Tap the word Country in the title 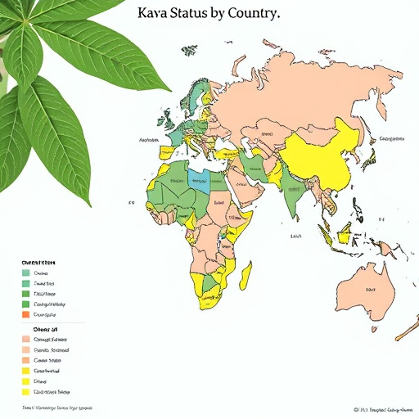250,14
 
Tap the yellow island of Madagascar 245,274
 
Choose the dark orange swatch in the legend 25,314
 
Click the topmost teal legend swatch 25,273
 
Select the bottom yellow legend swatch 25,391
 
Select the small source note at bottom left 57,408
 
